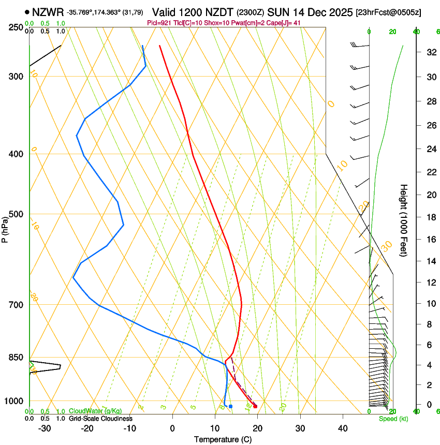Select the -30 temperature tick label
45,428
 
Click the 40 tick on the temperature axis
343,428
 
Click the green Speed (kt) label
393,419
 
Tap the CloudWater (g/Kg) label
92,411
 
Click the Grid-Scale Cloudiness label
101,419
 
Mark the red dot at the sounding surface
255,406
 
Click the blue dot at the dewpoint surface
230,406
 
